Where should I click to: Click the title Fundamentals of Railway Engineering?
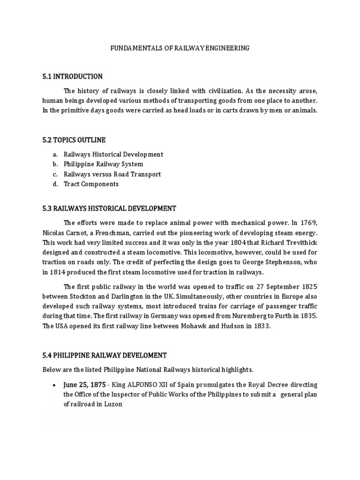pyautogui.click(x=180, y=48)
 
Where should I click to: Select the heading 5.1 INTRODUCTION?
pyautogui.click(x=72, y=76)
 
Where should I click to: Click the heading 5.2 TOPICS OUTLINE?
pyautogui.click(x=74, y=140)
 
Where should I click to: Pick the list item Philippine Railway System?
pyautogui.click(x=104, y=164)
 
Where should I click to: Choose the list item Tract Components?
pyautogui.click(x=91, y=184)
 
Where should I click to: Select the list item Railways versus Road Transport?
pyautogui.click(x=112, y=174)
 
